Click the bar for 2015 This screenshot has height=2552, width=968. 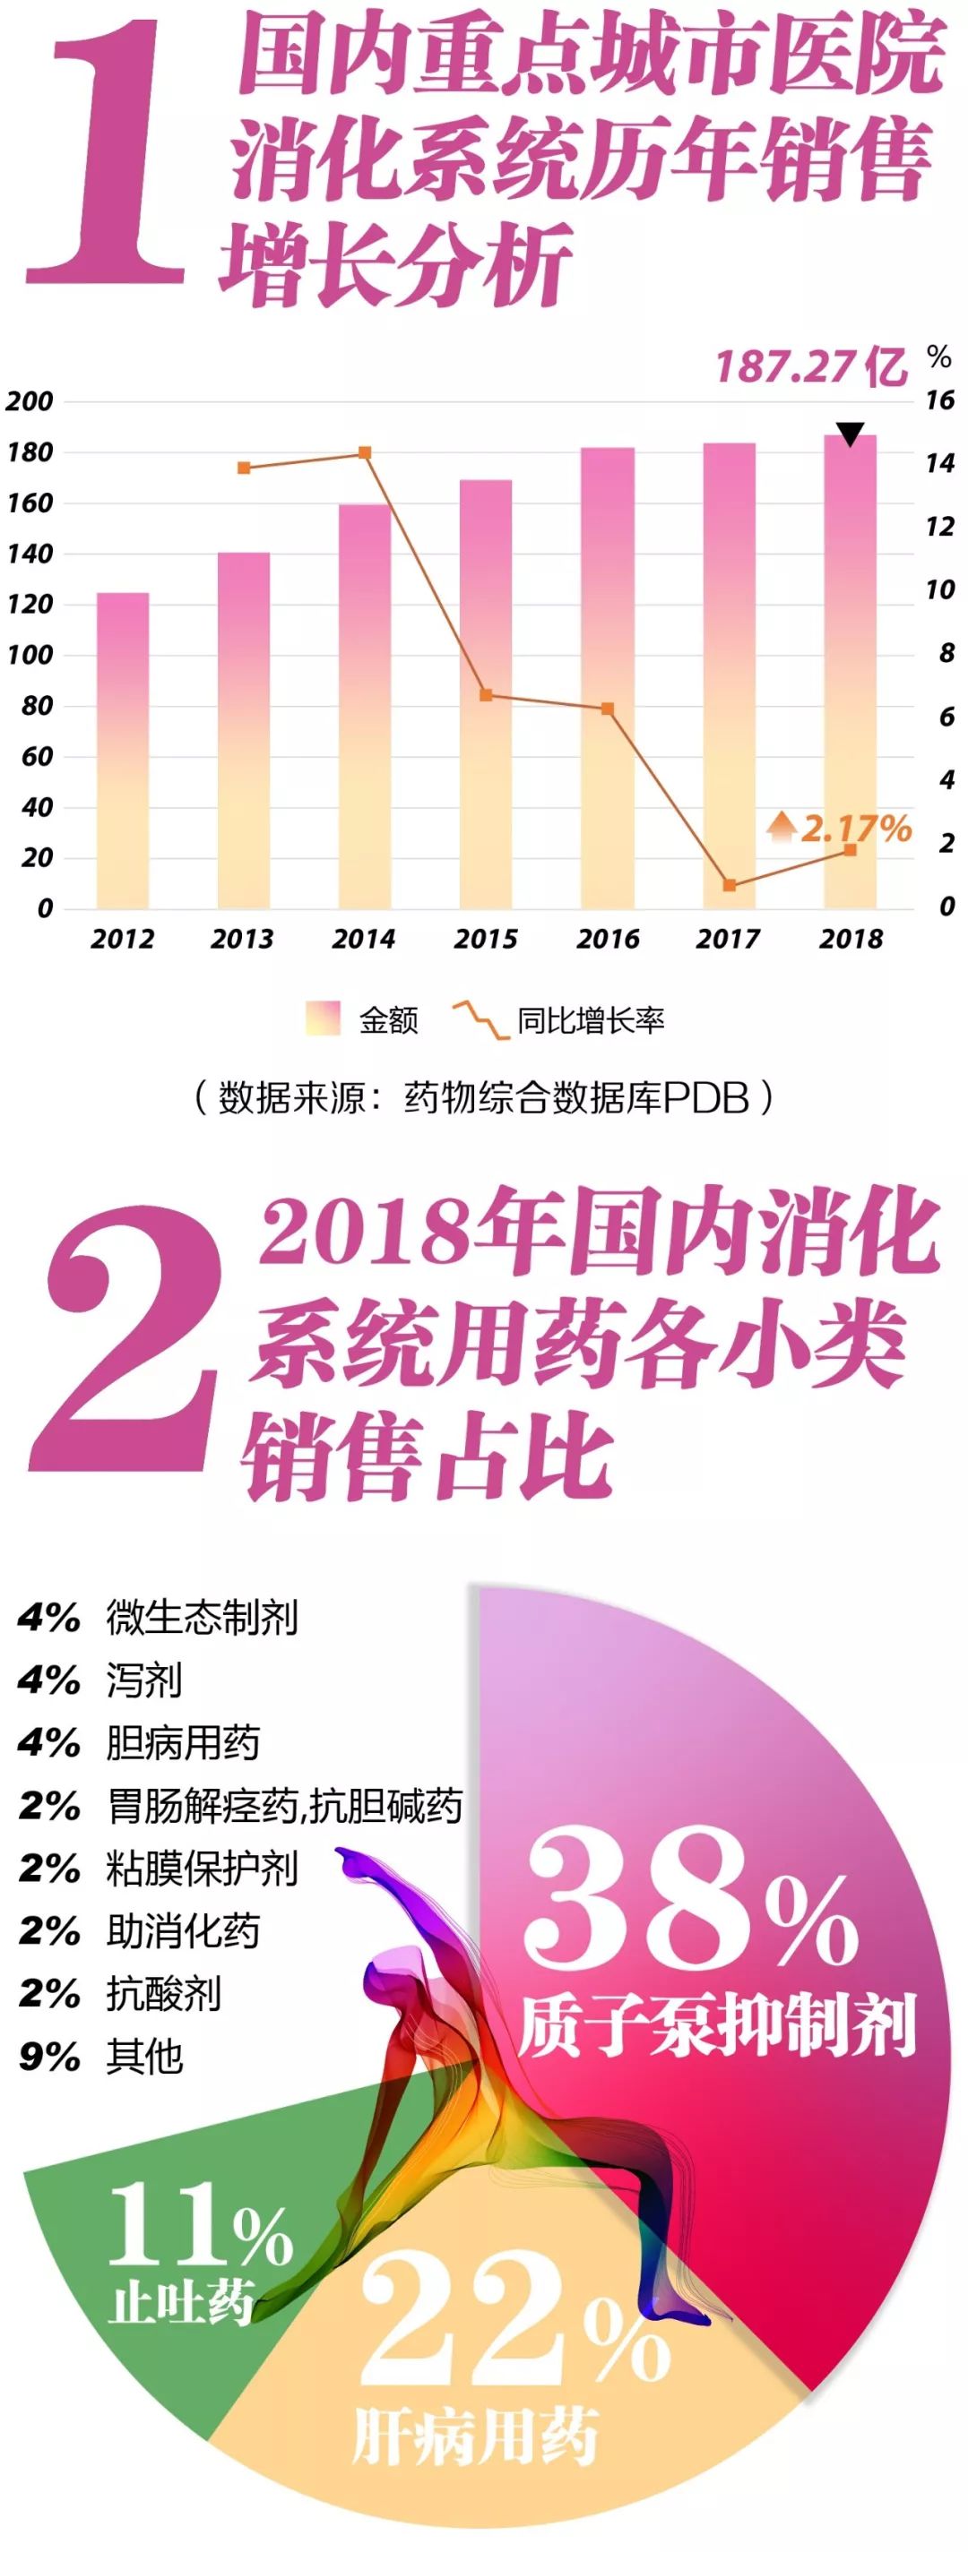(486, 693)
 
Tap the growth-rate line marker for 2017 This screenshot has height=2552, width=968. (730, 885)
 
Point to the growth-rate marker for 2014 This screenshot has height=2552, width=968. (365, 452)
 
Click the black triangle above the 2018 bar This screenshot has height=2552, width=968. (850, 434)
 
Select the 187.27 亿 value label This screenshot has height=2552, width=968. (810, 367)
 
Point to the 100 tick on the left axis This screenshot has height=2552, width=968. (30, 655)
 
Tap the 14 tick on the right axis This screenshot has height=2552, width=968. (939, 462)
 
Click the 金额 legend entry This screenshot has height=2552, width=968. (365, 1019)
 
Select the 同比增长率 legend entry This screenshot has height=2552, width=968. (560, 1019)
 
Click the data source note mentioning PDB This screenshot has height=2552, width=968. (483, 1097)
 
